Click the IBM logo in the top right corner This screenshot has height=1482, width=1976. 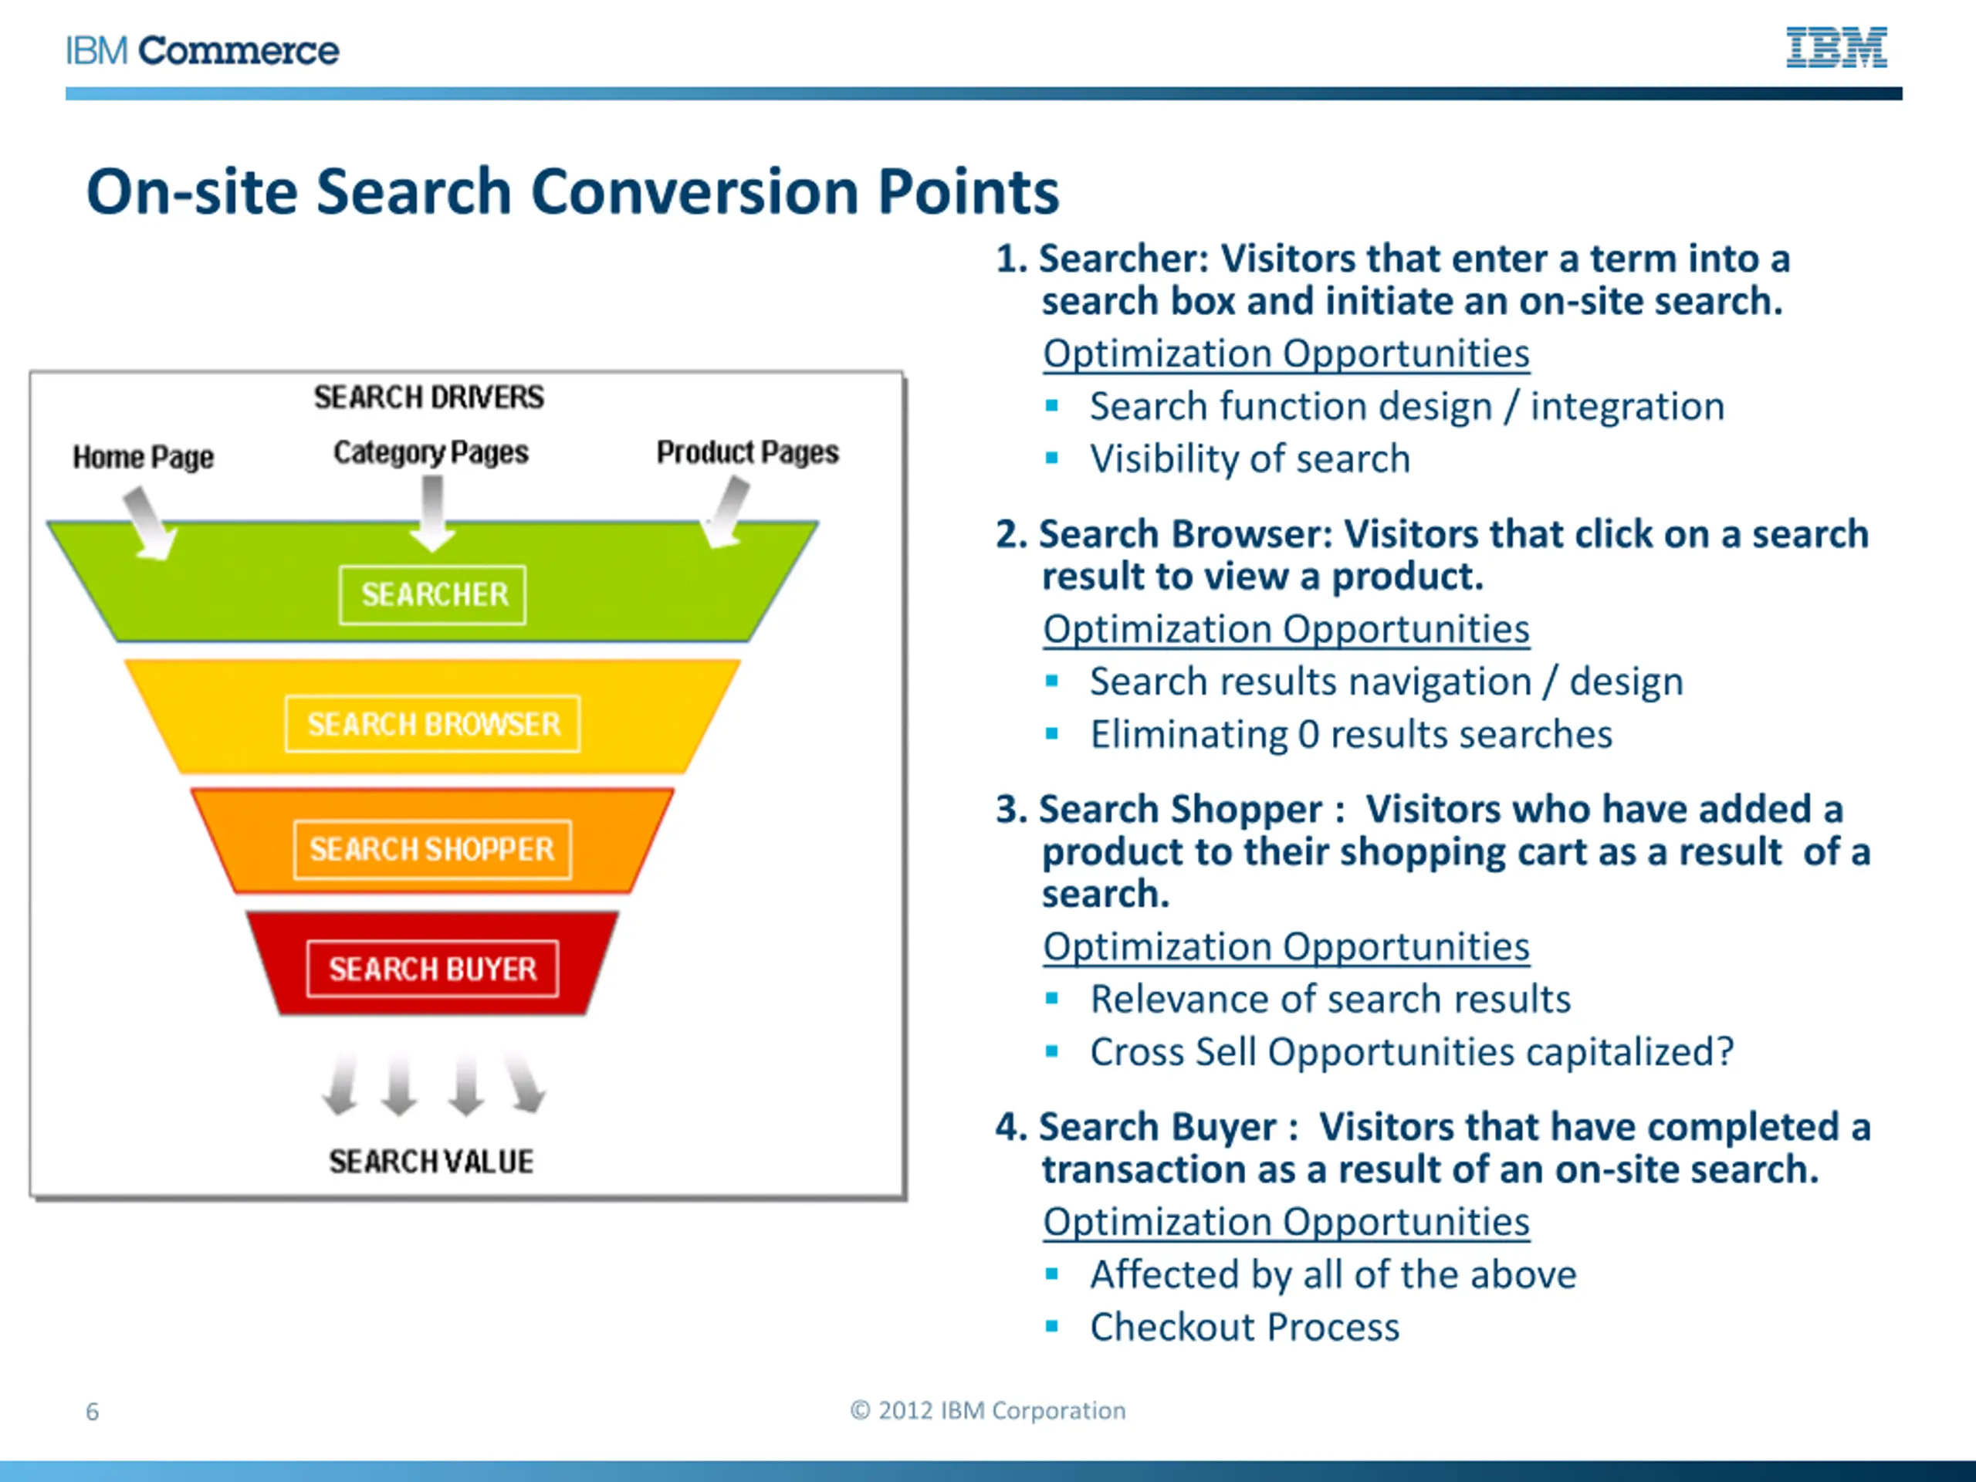point(1836,47)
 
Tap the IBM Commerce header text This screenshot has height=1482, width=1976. point(203,51)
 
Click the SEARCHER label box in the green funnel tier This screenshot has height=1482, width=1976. point(433,595)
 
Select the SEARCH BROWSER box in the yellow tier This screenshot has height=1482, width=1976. point(433,723)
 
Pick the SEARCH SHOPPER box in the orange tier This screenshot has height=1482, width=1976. point(432,848)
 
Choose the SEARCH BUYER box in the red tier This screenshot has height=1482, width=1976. point(432,969)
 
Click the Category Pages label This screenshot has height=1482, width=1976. point(431,453)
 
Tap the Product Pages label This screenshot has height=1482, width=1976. point(748,453)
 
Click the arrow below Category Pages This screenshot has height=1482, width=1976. point(433,513)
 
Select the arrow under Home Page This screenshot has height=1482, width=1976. point(149,523)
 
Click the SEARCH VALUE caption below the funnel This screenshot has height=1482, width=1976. point(431,1162)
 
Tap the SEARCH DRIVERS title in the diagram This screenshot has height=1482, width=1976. point(429,398)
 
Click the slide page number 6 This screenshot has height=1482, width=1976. point(92,1412)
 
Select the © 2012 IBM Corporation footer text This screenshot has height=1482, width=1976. point(988,1410)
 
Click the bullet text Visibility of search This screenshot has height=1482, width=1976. point(1250,459)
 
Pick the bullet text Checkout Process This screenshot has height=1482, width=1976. point(1244,1328)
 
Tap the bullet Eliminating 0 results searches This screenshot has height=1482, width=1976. point(1351,734)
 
